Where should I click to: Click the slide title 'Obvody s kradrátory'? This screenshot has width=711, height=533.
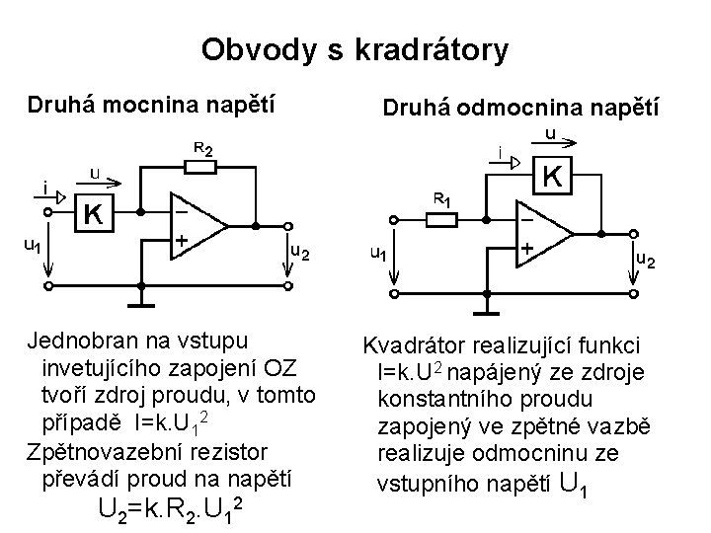355,48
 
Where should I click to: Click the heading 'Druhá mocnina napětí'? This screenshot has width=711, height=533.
151,103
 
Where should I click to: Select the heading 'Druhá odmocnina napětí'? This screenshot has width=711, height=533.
521,106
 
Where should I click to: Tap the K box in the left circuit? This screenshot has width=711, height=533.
96,213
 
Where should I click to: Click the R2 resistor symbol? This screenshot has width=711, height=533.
201,167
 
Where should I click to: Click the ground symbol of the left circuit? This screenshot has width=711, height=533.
145,293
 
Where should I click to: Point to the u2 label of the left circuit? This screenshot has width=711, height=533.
299,252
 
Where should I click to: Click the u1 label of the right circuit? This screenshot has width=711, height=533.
377,254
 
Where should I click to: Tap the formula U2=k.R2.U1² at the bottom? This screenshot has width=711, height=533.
171,509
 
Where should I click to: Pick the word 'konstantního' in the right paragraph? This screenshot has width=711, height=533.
435,400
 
